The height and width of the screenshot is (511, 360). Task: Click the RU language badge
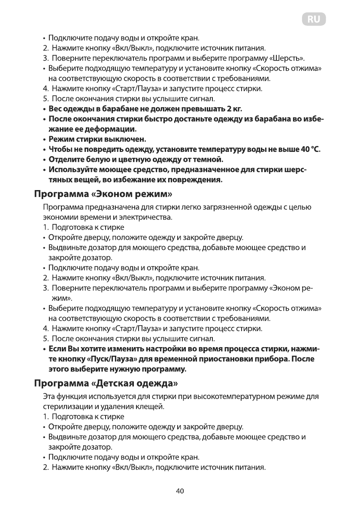[313, 20]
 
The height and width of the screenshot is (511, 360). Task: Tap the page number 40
[180, 491]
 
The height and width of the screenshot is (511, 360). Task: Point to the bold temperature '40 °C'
[311, 149]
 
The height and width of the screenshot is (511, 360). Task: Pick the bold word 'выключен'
[126, 139]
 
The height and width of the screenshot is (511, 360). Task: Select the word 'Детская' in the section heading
[119, 382]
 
